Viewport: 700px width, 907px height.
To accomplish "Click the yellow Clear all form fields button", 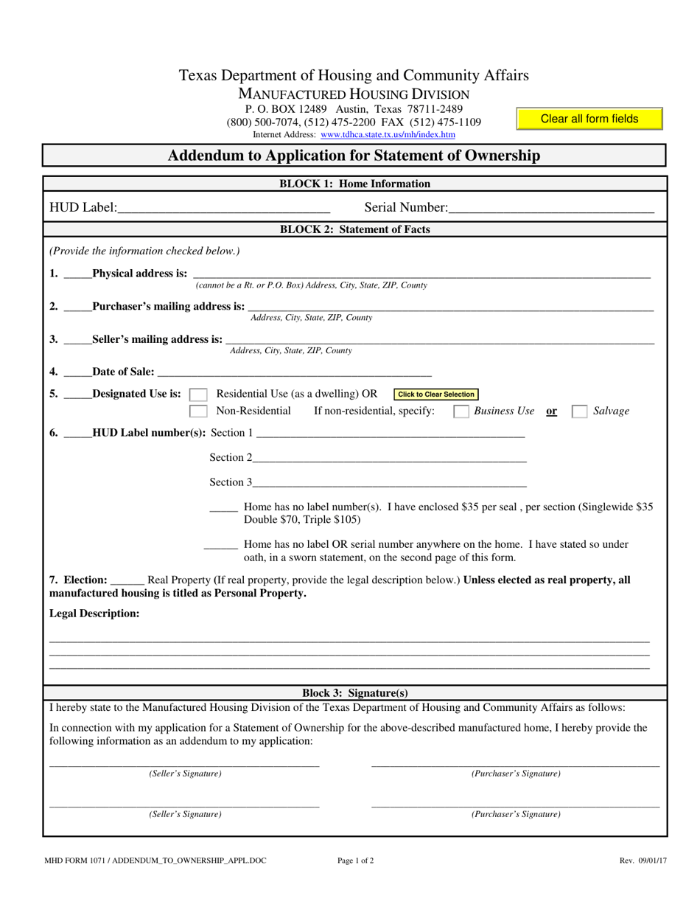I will coord(589,119).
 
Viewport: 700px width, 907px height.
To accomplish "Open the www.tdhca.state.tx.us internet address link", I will coord(388,135).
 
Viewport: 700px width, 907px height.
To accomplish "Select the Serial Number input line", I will coord(550,207).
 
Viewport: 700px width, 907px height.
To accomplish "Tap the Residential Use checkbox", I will coord(198,395).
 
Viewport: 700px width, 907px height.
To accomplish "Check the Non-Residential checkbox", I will coord(198,411).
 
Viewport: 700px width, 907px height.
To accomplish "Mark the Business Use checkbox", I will coord(461,411).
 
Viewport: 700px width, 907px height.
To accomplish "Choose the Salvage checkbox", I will coord(580,411).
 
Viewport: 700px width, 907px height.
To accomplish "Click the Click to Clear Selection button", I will coord(436,395).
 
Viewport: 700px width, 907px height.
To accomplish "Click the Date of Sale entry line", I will coord(294,371).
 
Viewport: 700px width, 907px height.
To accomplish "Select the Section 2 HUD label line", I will coord(389,457).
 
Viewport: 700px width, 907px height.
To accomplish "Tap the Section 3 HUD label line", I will coord(389,482).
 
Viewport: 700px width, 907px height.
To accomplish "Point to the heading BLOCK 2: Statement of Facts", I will coord(354,229).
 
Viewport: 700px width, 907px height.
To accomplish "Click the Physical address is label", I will coord(139,274).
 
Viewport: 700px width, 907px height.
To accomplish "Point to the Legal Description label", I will coord(94,614).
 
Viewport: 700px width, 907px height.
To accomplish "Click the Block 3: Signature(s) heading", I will coord(354,693).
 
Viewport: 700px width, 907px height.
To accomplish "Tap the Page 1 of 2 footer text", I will coord(355,860).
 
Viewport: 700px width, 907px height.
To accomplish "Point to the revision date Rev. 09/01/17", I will coord(643,860).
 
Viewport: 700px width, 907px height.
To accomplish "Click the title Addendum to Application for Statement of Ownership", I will coord(354,156).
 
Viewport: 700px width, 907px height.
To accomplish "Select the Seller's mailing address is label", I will coord(157,339).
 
